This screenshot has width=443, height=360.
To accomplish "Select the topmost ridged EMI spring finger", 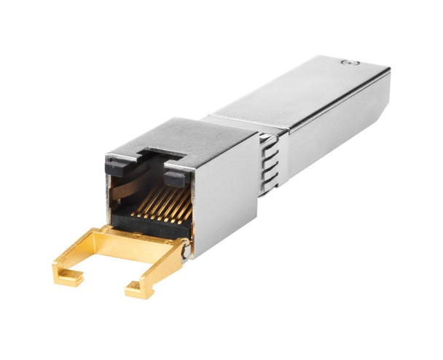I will tap(270, 141).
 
